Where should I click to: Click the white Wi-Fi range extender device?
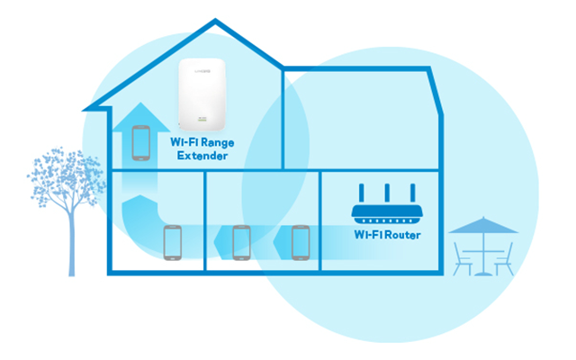202,94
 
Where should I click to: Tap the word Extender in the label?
202,156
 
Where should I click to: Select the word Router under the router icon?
403,235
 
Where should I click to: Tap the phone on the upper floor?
141,143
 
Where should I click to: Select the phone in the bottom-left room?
173,243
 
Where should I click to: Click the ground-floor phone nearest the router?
301,243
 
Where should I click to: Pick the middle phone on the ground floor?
242,243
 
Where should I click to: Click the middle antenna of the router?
387,193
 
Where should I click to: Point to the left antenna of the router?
362,193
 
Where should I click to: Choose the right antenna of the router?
413,193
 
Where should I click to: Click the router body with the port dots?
387,214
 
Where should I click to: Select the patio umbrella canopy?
483,226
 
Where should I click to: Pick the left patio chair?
462,259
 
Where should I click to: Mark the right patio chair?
504,259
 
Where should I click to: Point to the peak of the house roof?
215,20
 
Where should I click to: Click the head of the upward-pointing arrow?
140,117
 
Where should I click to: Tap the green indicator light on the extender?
202,120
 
